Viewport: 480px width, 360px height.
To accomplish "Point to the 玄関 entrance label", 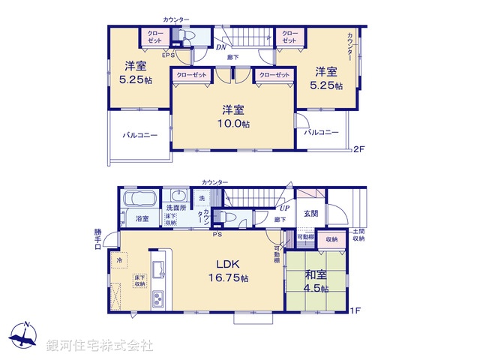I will (310, 214).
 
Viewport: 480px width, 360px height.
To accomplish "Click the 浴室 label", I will (142, 218).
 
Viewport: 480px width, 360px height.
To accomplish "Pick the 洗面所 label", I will (175, 207).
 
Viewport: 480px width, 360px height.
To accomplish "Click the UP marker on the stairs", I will (284, 208).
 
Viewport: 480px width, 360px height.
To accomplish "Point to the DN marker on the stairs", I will (222, 47).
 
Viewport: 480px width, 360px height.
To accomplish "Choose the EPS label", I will (169, 54).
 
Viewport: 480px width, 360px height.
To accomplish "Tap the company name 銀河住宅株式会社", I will (99, 345).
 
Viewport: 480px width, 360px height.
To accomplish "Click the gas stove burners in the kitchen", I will (160, 299).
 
